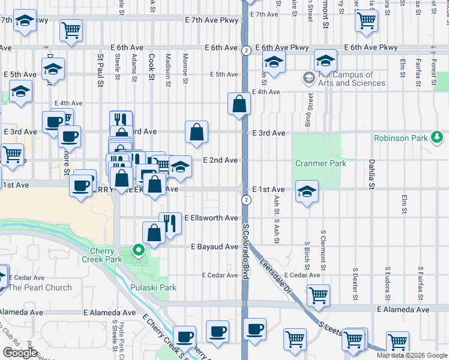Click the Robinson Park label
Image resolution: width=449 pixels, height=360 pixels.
click(x=400, y=138)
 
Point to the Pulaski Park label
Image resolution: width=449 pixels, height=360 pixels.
click(x=154, y=287)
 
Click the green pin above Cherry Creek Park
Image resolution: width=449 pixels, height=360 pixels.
click(x=139, y=250)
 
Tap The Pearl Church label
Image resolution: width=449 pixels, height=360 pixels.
click(x=40, y=287)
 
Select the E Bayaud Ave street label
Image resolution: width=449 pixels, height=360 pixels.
click(x=214, y=247)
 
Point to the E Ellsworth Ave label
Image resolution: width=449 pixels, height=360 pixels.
click(x=211, y=218)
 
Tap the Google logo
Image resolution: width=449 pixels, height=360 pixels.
click(x=19, y=353)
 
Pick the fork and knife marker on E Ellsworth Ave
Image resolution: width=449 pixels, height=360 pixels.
click(x=170, y=223)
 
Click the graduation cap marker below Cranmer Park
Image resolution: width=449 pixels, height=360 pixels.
click(x=307, y=191)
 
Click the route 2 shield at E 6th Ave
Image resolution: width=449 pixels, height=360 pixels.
click(x=246, y=50)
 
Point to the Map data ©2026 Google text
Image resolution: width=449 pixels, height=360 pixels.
click(x=412, y=355)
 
